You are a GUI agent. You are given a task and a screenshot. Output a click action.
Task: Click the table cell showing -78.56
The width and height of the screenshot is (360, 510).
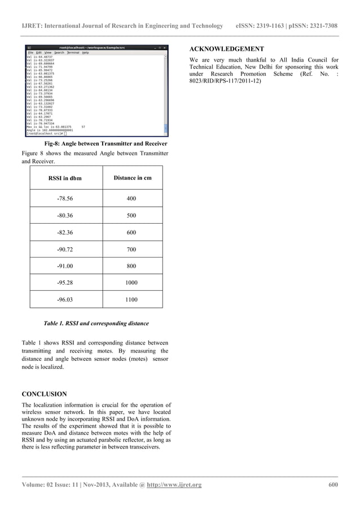click(65, 199)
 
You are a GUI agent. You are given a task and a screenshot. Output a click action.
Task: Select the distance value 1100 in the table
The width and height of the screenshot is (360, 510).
click(131, 300)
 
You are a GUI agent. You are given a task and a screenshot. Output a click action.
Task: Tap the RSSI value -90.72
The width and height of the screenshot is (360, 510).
click(65, 249)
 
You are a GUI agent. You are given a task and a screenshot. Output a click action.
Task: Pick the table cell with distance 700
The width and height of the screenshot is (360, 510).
click(131, 249)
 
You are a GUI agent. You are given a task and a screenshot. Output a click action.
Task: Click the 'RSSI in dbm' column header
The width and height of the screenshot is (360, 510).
click(65, 178)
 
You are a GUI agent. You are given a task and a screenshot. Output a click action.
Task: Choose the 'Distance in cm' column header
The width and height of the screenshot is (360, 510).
click(132, 178)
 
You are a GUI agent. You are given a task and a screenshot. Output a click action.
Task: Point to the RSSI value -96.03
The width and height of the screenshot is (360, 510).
click(65, 300)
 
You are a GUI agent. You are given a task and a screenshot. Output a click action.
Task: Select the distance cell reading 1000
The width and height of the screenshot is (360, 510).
click(131, 282)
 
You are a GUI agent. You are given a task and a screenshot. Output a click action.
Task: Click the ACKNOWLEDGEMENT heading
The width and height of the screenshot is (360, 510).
click(226, 49)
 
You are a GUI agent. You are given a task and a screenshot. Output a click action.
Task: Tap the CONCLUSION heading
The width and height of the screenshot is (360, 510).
click(44, 394)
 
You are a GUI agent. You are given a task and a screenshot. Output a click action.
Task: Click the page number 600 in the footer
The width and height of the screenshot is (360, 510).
click(333, 485)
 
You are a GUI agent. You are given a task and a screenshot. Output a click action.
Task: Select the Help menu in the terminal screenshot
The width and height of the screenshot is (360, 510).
click(85, 53)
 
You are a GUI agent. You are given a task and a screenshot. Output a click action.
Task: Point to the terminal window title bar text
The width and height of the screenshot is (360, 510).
click(95, 47)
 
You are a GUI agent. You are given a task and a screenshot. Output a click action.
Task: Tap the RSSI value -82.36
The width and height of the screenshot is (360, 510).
click(65, 233)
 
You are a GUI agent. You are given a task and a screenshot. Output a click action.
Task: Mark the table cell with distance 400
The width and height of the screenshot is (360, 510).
click(131, 199)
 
